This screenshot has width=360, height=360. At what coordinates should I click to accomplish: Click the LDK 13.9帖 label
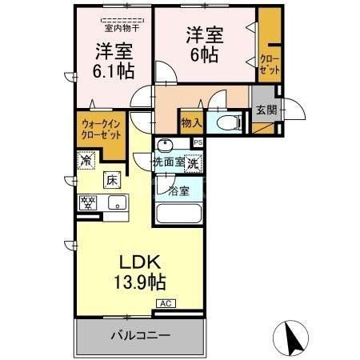(142, 272)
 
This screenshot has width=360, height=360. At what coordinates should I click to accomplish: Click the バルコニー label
(139, 336)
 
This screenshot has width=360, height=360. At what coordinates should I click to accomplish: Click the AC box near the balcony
(166, 304)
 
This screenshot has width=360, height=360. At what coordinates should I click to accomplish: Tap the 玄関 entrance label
(265, 111)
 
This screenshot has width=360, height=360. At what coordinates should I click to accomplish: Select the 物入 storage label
(190, 122)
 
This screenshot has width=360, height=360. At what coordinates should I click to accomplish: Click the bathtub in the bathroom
(178, 214)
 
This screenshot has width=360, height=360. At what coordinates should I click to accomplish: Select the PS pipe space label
(198, 142)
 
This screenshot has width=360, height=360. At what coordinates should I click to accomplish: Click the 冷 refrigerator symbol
(86, 160)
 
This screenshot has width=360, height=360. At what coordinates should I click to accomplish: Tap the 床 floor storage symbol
(114, 179)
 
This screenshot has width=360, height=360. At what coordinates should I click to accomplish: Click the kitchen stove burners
(86, 203)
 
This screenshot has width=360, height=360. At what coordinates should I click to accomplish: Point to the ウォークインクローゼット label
(99, 129)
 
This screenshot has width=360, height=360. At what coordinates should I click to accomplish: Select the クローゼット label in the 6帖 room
(270, 65)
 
